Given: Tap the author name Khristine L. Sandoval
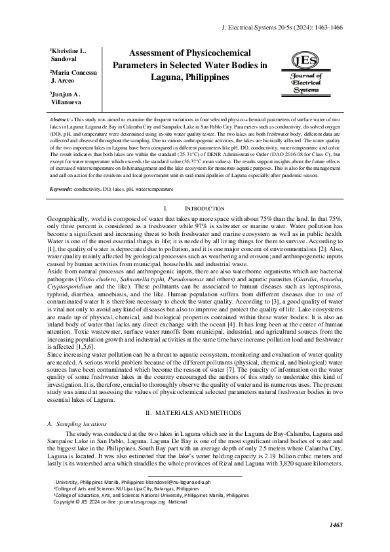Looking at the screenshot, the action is click(68, 54).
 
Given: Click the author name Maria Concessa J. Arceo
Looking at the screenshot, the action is click(69, 77).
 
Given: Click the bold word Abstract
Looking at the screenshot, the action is click(62, 122).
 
